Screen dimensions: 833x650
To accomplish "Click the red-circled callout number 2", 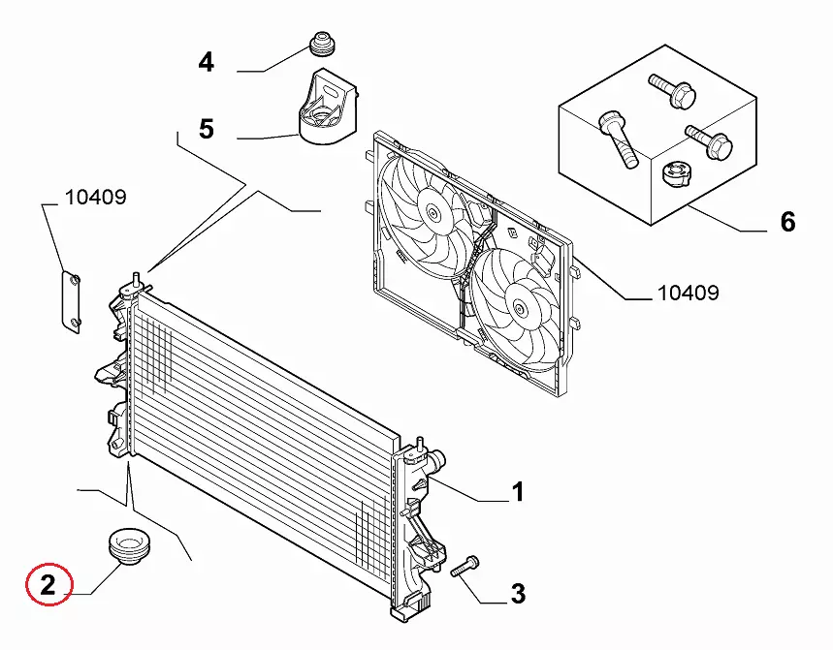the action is tap(48, 585).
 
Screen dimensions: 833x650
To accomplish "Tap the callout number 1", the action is tap(518, 492).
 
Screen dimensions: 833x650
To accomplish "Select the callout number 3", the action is tap(519, 593).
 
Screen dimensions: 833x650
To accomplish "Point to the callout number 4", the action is tap(207, 62).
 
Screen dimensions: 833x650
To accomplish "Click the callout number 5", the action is tap(207, 129).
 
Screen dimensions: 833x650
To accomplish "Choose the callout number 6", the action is tap(787, 221).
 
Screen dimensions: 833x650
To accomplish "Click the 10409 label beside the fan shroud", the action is tap(688, 293).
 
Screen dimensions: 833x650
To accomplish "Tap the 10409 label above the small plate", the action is tap(96, 198).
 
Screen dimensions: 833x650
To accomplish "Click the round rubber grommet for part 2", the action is tap(129, 546).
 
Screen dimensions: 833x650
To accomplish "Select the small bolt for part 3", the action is tap(465, 566).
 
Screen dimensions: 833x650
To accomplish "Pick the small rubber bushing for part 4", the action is tap(321, 44).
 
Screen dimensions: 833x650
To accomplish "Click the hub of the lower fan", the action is tap(519, 306).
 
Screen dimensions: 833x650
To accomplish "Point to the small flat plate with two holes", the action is tap(71, 302).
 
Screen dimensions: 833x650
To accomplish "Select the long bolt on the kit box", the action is tap(618, 139).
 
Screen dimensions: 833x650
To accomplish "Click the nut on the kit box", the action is tap(676, 174).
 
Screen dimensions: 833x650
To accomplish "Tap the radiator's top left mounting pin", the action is tap(136, 280).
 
